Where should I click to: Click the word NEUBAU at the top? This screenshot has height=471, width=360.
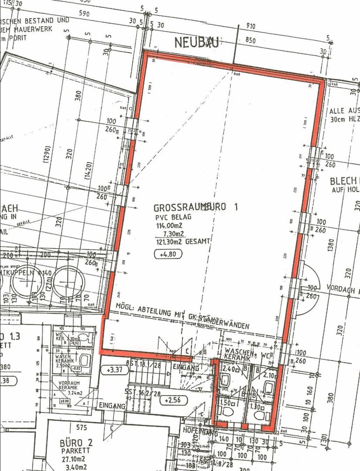pyautogui.click(x=197, y=42)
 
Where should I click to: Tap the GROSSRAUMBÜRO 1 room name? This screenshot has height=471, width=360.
pyautogui.click(x=196, y=207)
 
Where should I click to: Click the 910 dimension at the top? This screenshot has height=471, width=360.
pyautogui.click(x=251, y=26)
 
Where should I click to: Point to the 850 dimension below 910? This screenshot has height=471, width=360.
pyautogui.click(x=250, y=40)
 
